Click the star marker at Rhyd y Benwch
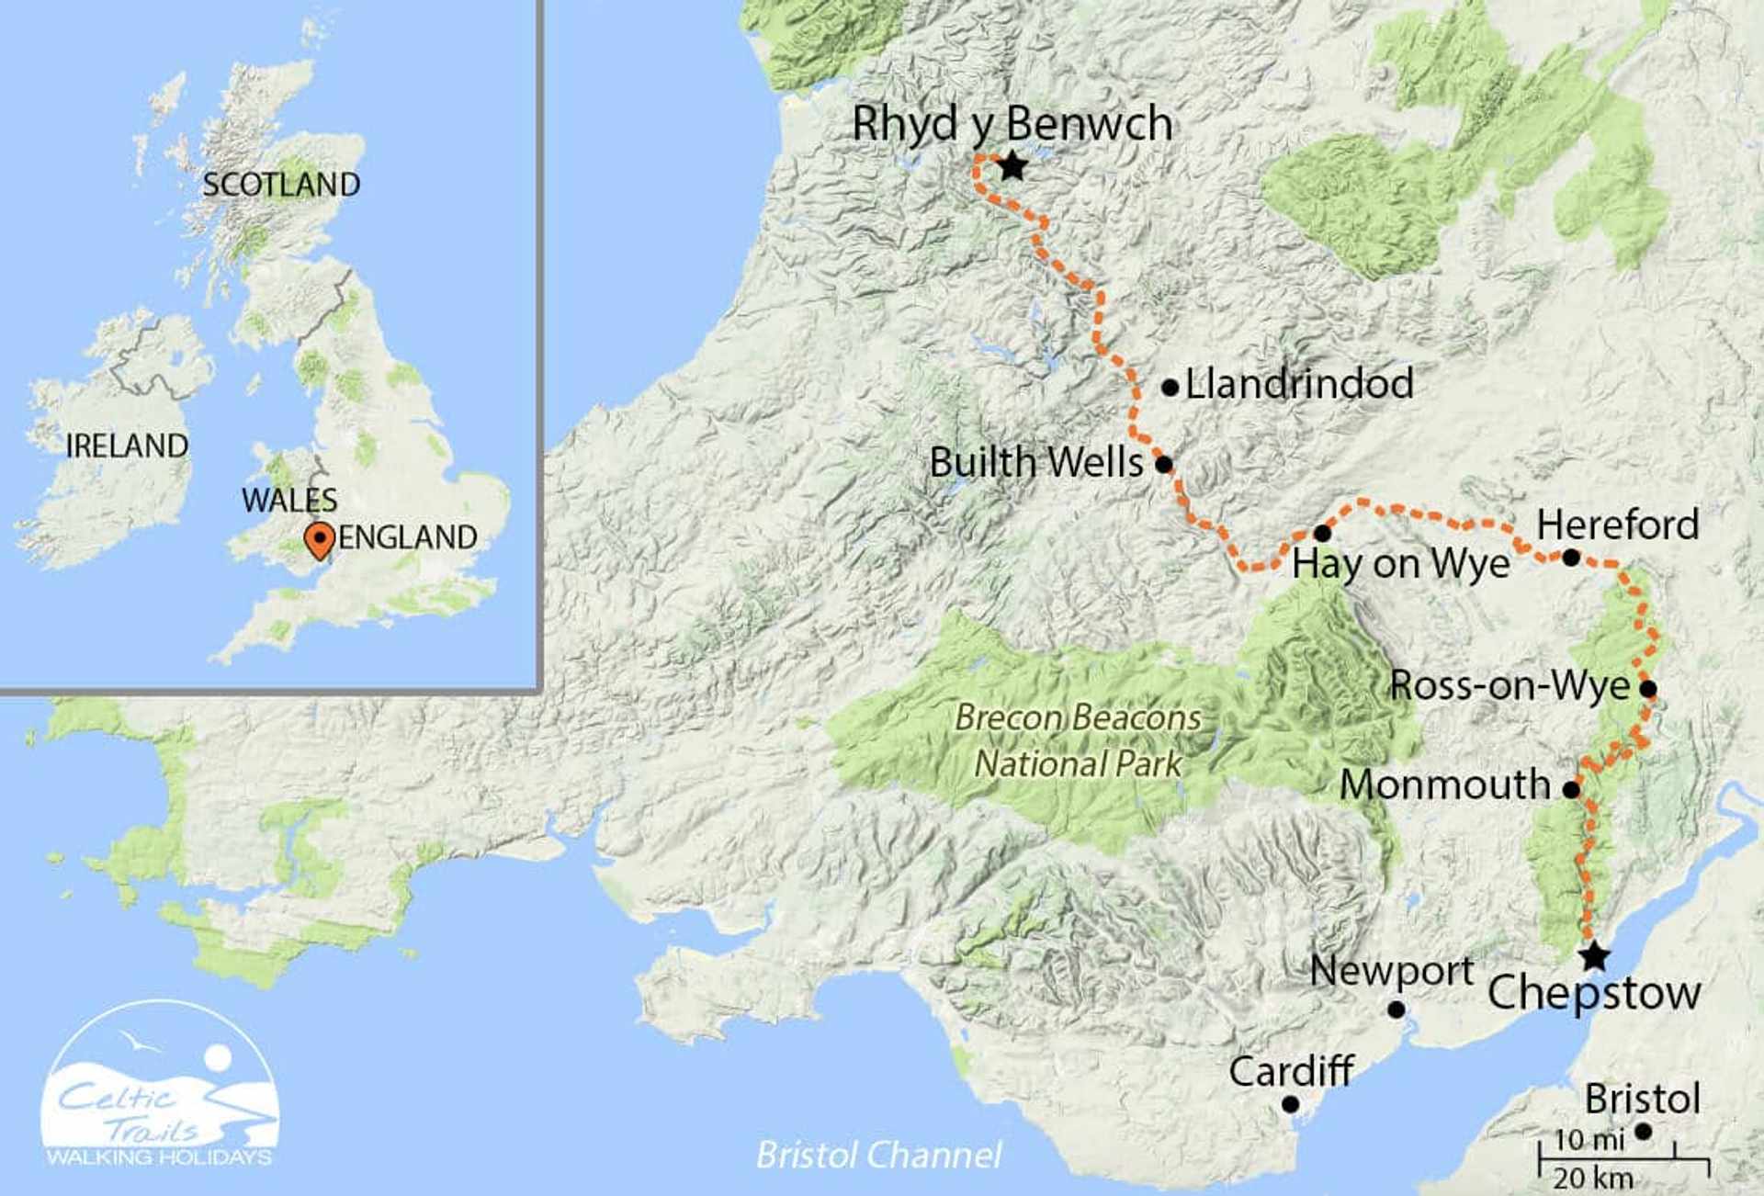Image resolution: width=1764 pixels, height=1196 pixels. [x=1012, y=167]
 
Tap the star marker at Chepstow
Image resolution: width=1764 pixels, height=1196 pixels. [x=1594, y=955]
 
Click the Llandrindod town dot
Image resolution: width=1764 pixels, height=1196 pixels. [x=1170, y=388]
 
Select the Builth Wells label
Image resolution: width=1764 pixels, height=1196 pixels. [x=1035, y=462]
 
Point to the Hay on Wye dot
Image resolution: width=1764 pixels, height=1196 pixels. [x=1322, y=533]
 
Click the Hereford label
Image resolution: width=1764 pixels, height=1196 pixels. [x=1617, y=525]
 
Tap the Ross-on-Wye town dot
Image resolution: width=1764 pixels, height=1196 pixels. [x=1648, y=688]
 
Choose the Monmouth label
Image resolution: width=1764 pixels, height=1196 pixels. [x=1444, y=784]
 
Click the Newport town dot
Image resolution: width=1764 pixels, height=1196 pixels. [x=1396, y=1010]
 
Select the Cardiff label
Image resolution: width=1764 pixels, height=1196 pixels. [x=1291, y=1071]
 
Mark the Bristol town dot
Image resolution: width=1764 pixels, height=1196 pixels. [x=1643, y=1132]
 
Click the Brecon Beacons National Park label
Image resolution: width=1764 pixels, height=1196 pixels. [x=1078, y=740]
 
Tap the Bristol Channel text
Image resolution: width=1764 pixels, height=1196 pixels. [x=878, y=1155]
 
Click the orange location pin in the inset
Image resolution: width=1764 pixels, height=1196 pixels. [x=319, y=539]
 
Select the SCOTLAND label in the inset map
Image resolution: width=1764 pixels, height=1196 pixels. [x=281, y=185]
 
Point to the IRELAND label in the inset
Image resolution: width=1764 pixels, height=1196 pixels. [x=127, y=446]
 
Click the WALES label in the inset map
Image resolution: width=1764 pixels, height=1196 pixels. [x=289, y=501]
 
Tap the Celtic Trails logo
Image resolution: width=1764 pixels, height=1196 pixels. [x=160, y=1084]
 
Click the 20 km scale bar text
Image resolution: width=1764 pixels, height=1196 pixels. [x=1593, y=1179]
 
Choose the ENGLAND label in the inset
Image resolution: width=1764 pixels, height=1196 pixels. [x=407, y=537]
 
